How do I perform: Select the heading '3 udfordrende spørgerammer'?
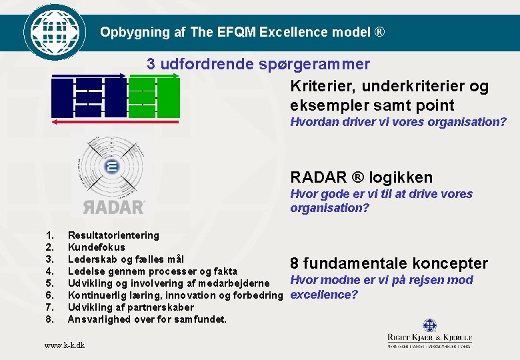(258, 64)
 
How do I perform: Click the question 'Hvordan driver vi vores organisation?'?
(398, 122)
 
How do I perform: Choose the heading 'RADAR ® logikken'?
(361, 177)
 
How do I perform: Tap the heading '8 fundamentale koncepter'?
(389, 263)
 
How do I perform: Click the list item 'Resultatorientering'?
(113, 235)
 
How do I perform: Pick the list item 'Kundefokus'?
(96, 247)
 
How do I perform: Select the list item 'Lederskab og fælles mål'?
(126, 259)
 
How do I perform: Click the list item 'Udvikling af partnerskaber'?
(131, 307)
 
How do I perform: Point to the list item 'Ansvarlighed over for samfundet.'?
(147, 319)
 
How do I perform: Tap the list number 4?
(49, 271)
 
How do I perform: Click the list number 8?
(49, 319)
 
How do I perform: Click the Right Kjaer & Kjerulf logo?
(429, 333)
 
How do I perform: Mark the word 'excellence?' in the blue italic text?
(324, 295)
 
